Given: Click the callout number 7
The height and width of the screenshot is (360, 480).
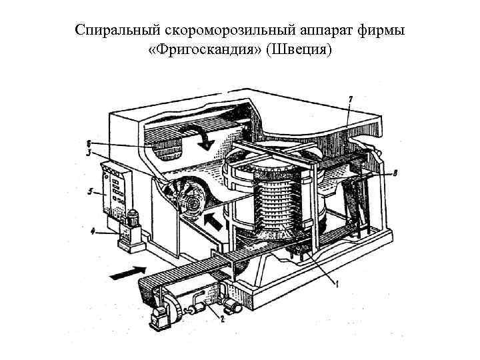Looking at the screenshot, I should [x=351, y=99].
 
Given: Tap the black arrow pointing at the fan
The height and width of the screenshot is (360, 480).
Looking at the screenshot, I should [x=212, y=221].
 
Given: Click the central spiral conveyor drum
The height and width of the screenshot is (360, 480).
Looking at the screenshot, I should [x=273, y=200].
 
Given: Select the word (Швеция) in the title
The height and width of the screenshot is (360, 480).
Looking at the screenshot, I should [x=298, y=51].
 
